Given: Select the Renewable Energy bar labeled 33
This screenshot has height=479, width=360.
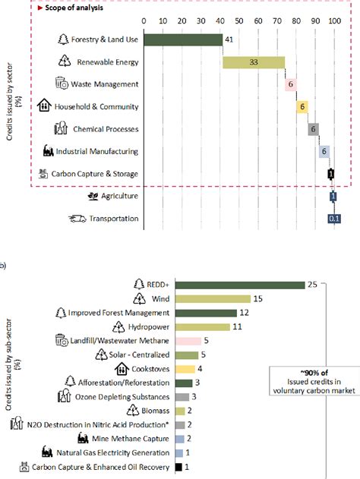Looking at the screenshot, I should (x=254, y=62).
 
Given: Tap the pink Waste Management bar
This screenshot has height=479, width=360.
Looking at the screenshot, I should (x=290, y=84).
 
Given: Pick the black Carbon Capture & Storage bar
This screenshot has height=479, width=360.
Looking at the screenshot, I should (x=330, y=174).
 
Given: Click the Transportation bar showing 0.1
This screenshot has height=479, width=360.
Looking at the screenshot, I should (x=333, y=219).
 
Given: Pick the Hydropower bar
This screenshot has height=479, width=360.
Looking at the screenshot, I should (x=203, y=327).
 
